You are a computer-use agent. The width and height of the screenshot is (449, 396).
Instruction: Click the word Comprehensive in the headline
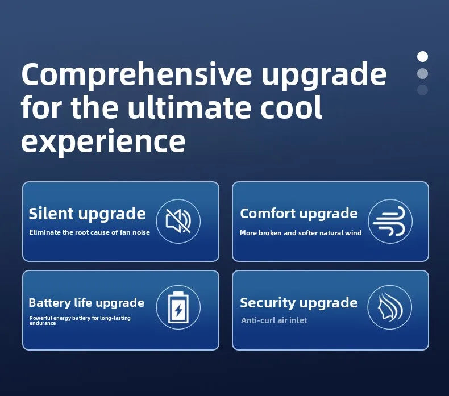tap(136, 75)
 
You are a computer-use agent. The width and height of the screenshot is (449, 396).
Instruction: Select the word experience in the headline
tap(103, 141)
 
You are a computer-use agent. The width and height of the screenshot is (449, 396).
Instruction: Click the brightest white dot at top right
tap(422, 56)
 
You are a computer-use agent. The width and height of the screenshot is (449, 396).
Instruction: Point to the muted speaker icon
tap(178, 221)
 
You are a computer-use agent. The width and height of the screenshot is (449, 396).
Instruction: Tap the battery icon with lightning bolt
tap(178, 307)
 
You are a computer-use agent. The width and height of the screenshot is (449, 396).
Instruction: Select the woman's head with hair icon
tap(390, 306)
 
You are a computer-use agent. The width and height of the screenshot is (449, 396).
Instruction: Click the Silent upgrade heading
tap(87, 214)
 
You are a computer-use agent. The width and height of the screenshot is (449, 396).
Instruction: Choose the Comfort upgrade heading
tap(298, 214)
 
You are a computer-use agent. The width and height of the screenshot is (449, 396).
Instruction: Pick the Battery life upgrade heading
tap(86, 303)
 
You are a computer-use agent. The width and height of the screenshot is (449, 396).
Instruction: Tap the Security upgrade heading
tap(298, 303)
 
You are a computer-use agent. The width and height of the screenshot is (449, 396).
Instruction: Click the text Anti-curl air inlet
tap(274, 320)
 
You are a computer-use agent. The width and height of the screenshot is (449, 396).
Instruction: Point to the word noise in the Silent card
tap(141, 232)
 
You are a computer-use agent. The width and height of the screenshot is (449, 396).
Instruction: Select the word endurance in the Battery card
tap(43, 323)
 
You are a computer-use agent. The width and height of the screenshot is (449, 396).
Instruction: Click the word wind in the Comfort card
tap(354, 233)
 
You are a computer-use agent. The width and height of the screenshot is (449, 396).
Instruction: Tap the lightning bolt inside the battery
tap(178, 310)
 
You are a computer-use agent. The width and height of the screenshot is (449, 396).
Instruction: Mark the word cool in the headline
tap(292, 107)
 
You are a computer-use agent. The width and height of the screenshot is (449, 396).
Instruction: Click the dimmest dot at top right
tap(422, 90)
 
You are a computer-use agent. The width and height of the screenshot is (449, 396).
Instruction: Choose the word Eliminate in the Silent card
tap(45, 232)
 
